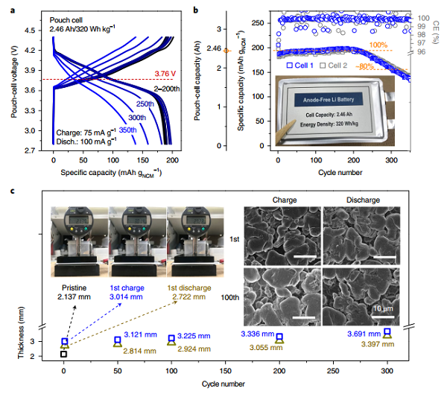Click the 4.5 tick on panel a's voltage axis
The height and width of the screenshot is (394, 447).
coord(34,31)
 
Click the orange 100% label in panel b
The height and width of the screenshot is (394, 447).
coord(378,45)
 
